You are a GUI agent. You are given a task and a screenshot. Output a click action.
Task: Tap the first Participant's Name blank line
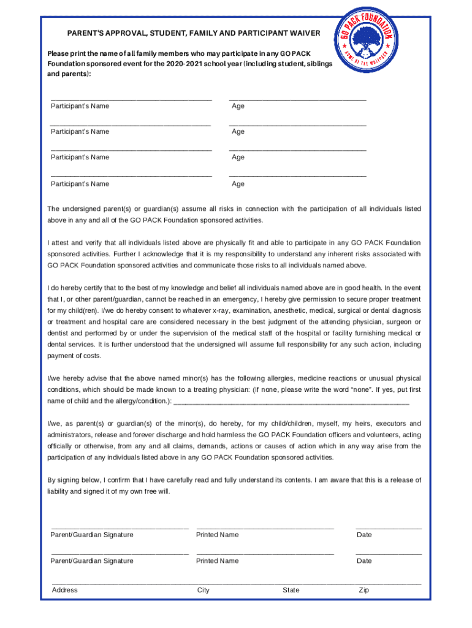coord(131,98)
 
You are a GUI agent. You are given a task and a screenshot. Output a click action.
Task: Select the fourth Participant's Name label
coord(80,184)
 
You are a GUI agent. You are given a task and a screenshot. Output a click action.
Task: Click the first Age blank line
coord(297,98)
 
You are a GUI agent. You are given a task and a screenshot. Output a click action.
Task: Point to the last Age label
coord(238,184)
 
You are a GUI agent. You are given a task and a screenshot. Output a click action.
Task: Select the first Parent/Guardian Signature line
coord(120,527)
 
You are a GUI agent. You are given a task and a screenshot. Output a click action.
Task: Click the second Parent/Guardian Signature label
coord(91,561)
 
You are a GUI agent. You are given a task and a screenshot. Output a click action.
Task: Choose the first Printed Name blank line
coord(265,527)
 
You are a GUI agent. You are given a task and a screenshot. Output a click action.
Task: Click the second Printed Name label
coord(217,561)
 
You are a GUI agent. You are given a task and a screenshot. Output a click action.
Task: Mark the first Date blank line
coord(389,527)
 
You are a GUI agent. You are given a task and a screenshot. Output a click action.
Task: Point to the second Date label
coord(364,561)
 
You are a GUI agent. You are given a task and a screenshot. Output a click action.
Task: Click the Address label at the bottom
coord(65,591)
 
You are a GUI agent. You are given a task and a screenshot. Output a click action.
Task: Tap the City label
coord(203,591)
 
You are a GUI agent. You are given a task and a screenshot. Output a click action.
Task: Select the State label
coord(291,591)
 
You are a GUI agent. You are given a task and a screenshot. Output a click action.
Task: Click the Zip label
coord(364,591)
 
